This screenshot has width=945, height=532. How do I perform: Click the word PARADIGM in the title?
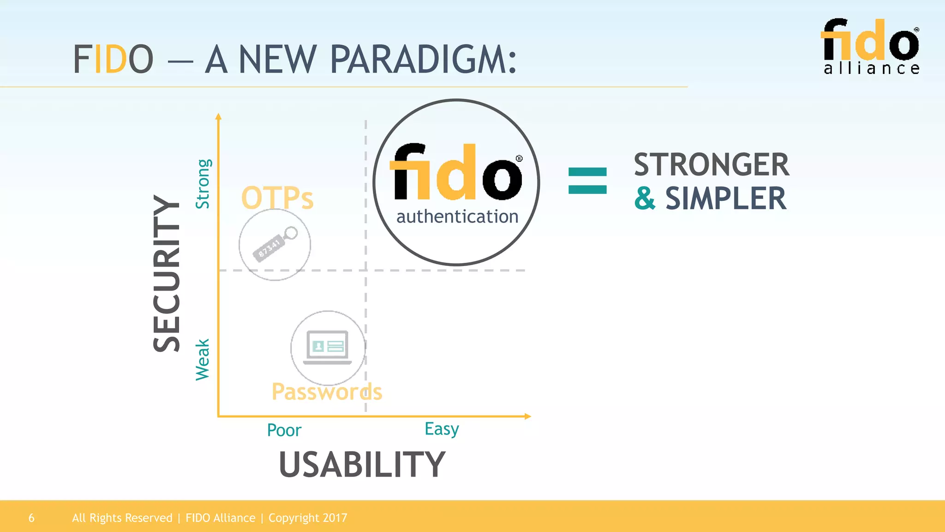423,60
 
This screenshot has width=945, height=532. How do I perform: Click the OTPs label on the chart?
277,198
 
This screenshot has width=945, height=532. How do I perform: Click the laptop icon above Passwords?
328,347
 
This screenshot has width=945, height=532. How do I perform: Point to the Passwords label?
327,392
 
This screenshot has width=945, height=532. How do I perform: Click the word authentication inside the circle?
457,216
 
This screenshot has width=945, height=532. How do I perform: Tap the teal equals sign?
587,181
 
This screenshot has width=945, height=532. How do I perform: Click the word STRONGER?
711,165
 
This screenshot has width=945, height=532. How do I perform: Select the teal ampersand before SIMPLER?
645,199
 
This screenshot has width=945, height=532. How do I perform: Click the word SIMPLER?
726,199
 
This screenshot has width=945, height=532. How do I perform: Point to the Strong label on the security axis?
203,184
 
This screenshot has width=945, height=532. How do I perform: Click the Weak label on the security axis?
203,360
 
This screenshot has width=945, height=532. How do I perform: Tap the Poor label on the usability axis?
284,430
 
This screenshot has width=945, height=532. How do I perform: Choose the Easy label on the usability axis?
442,429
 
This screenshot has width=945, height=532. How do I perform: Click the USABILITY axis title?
362,465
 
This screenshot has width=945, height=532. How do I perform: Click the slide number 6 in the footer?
31,518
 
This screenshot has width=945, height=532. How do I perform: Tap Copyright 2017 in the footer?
308,518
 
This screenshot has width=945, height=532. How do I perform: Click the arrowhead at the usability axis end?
528,417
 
